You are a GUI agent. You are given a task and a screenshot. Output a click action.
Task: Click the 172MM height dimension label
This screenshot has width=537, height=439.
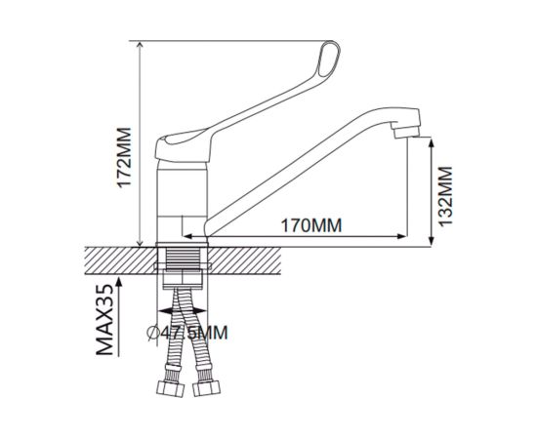(124, 158)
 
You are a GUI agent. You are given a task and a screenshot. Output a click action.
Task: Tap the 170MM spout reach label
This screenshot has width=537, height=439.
(311, 225)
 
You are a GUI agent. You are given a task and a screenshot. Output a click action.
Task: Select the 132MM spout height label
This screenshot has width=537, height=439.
(445, 196)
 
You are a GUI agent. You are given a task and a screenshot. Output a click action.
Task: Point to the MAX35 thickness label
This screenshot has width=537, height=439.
(104, 320)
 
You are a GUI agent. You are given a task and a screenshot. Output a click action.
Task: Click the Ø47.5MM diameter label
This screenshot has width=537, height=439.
(187, 333)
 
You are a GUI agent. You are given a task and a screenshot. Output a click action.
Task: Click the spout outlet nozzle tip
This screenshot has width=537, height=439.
(406, 133)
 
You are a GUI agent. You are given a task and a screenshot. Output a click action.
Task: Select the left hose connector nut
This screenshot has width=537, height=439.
(171, 388)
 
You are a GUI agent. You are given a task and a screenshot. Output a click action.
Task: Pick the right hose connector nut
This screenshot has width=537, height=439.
(207, 388)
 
